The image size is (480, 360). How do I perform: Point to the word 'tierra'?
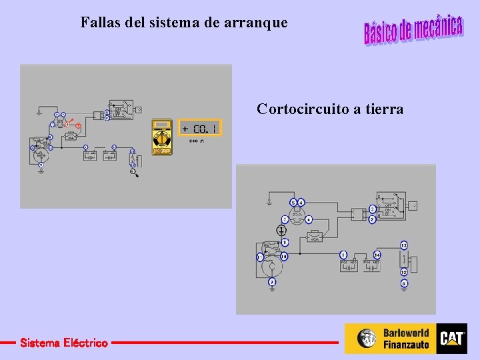(382, 109)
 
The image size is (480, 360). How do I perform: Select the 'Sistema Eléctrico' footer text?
(63, 343)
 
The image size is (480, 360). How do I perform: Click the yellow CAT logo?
(451, 338)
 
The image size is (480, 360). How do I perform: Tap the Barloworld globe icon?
(366, 338)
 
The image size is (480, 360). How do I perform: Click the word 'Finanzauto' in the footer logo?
(406, 345)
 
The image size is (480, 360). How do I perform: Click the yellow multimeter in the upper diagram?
(161, 137)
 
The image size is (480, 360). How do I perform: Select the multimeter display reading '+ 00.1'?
(199, 128)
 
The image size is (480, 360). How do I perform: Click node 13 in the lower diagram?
(404, 245)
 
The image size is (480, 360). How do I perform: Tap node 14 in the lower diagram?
(377, 255)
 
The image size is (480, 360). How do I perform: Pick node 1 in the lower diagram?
(343, 255)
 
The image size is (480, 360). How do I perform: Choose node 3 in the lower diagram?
(373, 209)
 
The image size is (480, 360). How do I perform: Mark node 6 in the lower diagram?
(309, 219)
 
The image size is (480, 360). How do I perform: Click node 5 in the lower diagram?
(293, 202)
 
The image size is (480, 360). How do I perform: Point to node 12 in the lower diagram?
(404, 272)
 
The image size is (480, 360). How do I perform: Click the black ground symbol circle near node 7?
(282, 230)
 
